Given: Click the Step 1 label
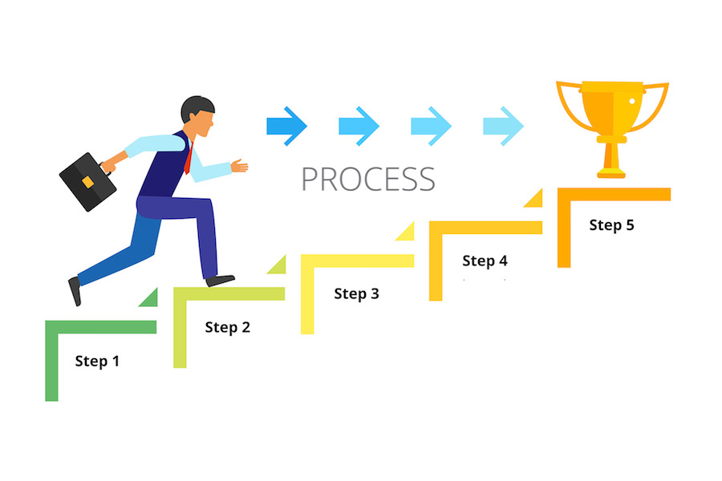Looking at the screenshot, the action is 97,361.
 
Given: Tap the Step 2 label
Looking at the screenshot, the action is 228,327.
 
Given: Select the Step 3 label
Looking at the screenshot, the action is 356,293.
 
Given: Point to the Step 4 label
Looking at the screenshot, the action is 485,261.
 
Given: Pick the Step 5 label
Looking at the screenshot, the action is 611,225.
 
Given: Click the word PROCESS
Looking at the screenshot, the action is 368,179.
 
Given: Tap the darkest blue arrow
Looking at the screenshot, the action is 286,126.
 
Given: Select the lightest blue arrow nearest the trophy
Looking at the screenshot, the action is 503,126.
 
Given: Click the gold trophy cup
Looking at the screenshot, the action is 612,129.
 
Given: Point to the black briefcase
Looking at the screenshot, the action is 87,182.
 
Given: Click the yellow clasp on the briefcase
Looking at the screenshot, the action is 87,182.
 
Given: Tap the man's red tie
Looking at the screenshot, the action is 189,159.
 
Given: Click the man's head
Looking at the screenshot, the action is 198,116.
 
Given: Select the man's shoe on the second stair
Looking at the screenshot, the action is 220,281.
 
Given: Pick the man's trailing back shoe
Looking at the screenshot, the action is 75,291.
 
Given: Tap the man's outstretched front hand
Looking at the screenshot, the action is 239,166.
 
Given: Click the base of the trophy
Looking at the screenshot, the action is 611,173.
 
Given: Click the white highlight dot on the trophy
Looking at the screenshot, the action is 632,101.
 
